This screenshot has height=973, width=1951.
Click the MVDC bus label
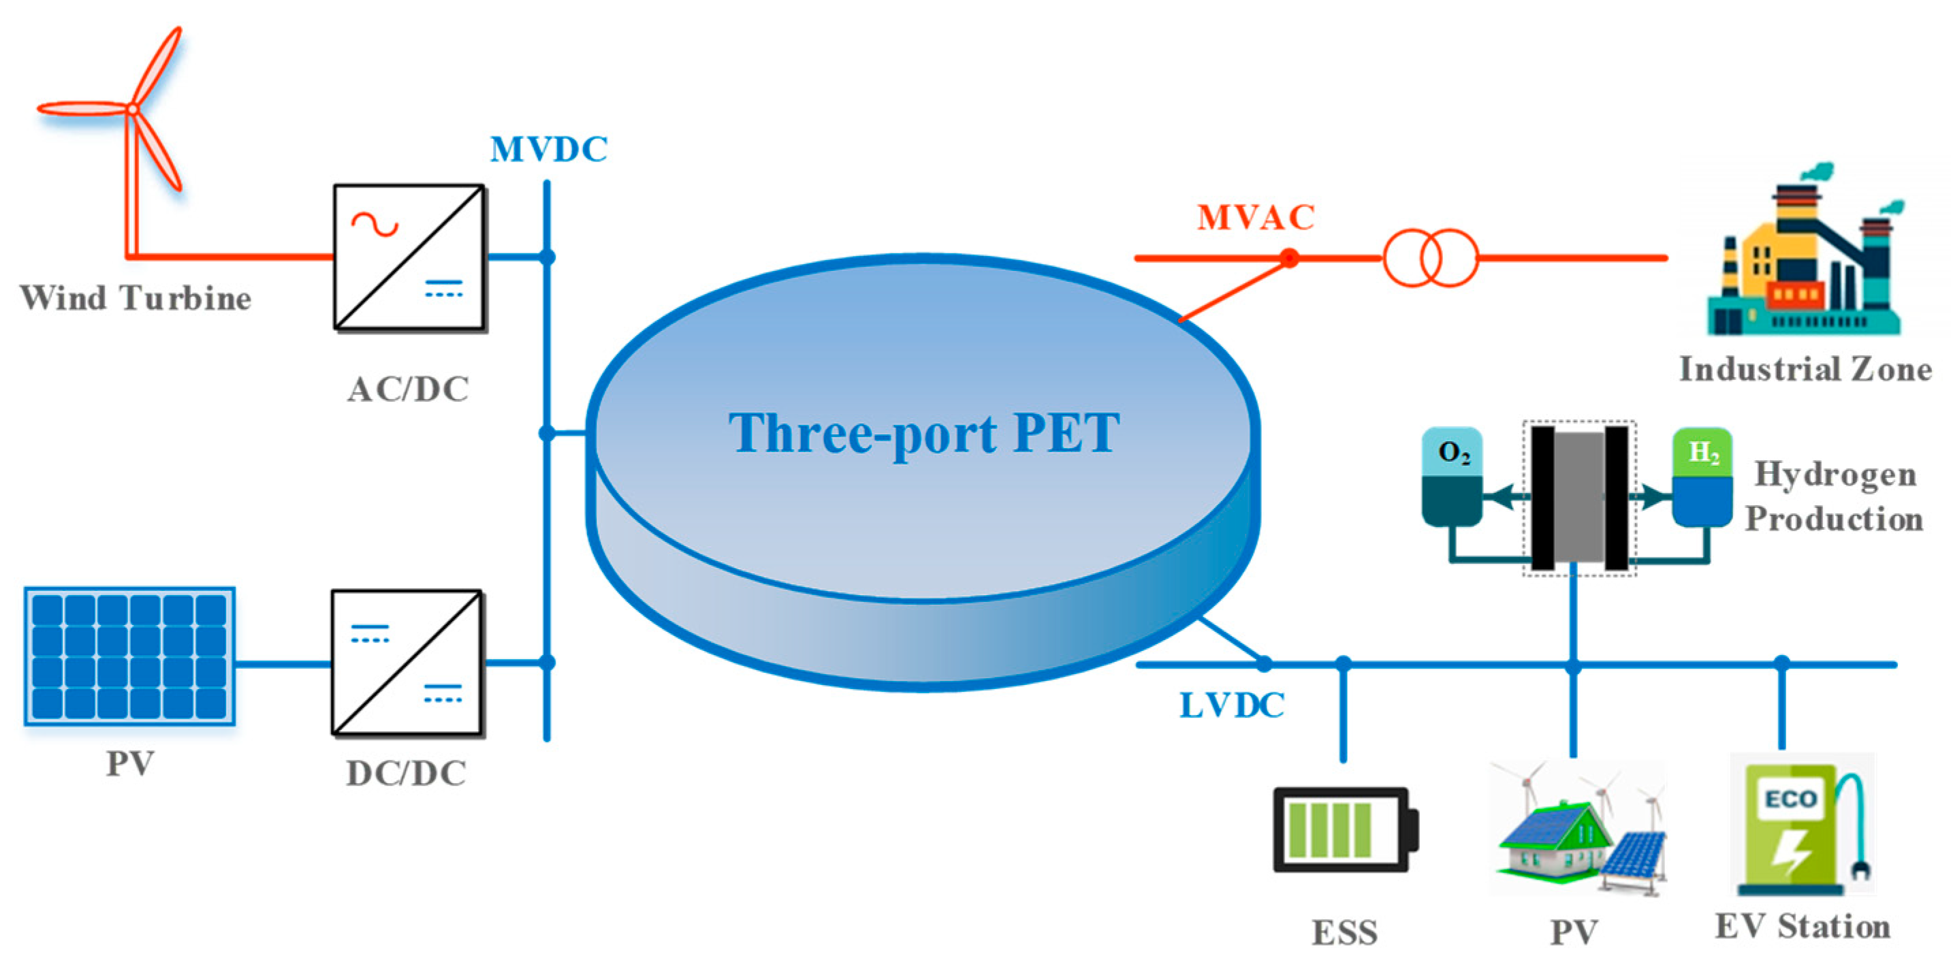[548, 149]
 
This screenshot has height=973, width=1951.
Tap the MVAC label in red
[1255, 218]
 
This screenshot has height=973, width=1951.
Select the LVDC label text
[1231, 705]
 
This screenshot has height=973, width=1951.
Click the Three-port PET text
[923, 433]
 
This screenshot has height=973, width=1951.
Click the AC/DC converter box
[409, 257]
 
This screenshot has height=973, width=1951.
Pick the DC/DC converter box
[407, 663]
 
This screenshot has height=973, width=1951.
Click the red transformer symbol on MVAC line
[1430, 258]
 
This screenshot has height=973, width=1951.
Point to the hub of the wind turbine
[133, 109]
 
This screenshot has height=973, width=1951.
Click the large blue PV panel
[129, 656]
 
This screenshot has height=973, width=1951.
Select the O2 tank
[1452, 477]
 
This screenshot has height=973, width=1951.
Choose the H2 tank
[1702, 477]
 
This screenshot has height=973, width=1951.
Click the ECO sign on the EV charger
[1790, 799]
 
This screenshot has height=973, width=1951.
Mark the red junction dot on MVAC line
[1290, 259]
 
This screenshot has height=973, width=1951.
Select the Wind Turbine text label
[135, 298]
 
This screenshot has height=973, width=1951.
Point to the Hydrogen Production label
[1835, 497]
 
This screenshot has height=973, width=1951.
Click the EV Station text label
[1802, 926]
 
